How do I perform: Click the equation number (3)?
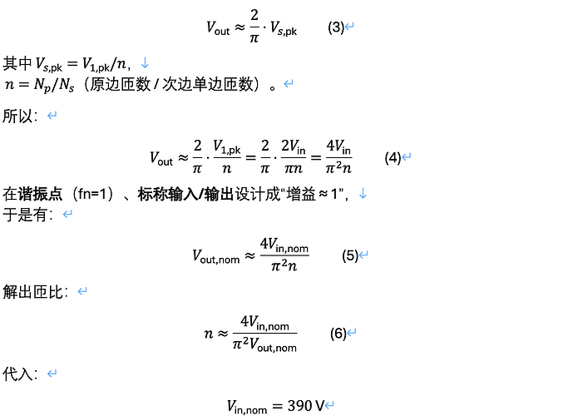[x=336, y=27]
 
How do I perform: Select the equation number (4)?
[x=393, y=157]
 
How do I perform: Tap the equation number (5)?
[x=350, y=255]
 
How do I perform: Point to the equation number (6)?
[x=338, y=334]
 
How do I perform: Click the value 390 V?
[x=306, y=407]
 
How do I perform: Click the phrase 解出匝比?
[x=37, y=292]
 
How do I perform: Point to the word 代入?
[x=20, y=374]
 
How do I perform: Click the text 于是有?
[x=28, y=215]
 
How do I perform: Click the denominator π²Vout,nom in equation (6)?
[x=264, y=344]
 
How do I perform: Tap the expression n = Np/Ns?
[x=34, y=84]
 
